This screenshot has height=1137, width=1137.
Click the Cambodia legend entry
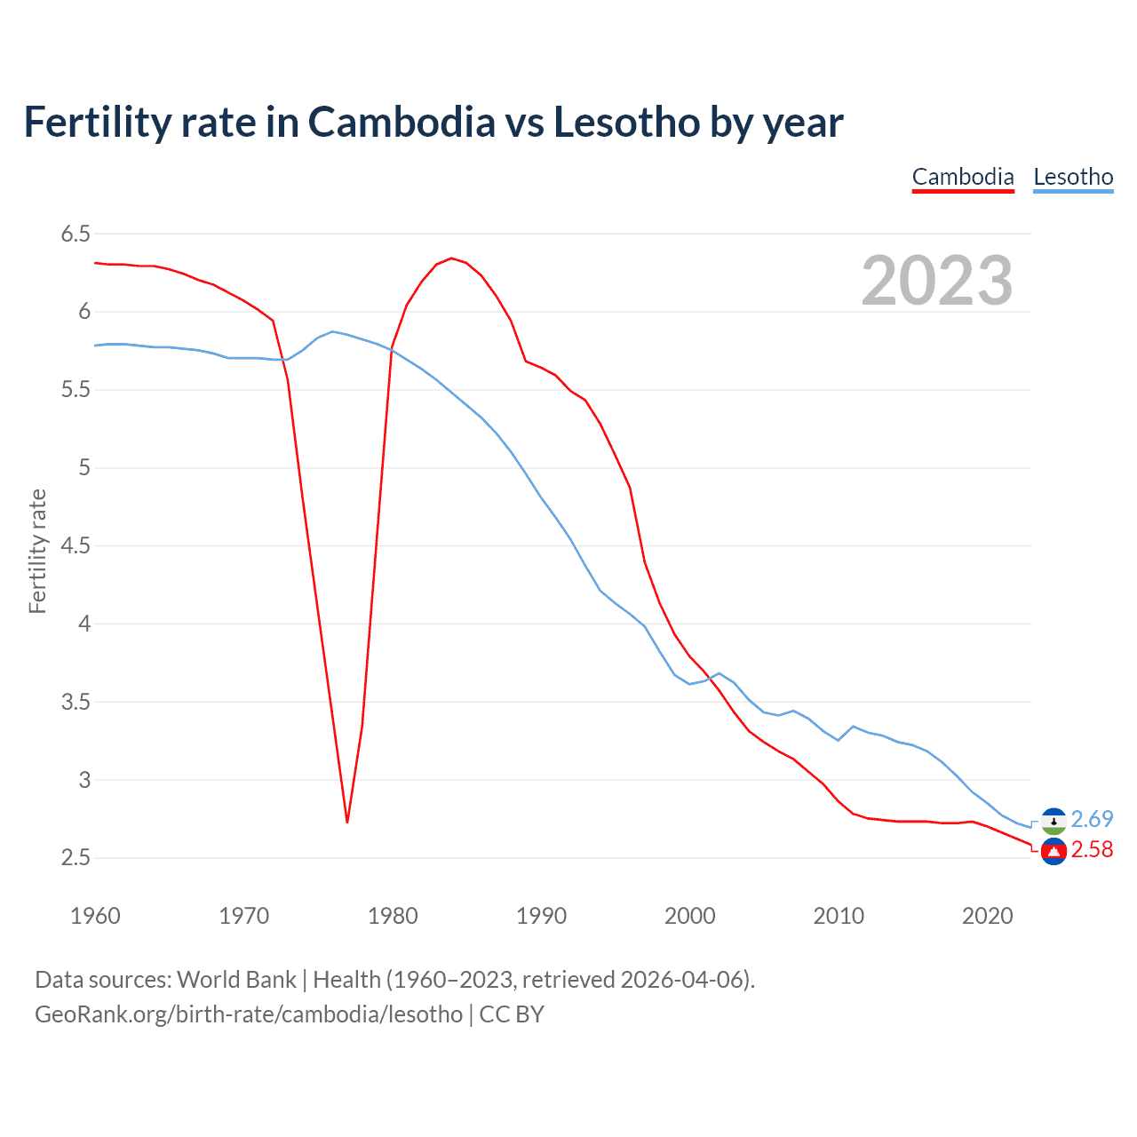[963, 177]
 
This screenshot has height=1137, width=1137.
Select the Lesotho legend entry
[1073, 177]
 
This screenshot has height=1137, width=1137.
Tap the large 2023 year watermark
[937, 281]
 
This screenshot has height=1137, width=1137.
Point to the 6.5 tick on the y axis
[76, 234]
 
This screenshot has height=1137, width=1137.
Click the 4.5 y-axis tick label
[76, 545]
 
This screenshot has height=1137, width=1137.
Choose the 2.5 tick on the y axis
[76, 858]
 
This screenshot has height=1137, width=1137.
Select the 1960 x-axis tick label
[95, 916]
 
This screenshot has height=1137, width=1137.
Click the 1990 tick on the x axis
[541, 916]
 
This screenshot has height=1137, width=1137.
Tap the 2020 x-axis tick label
[987, 916]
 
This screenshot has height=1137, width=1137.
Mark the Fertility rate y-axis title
[37, 551]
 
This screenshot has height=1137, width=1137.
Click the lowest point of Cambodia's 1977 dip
[347, 822]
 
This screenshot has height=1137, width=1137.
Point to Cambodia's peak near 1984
[451, 258]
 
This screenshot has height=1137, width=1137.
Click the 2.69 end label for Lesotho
[1092, 819]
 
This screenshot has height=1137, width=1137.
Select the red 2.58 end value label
[1092, 850]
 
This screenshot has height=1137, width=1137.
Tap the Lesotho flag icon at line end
[1054, 821]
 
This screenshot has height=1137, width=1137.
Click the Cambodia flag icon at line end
[1054, 852]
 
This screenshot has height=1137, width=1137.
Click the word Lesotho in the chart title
[626, 123]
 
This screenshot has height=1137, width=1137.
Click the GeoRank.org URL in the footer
[249, 1014]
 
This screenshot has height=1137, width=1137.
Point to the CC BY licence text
[512, 1014]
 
